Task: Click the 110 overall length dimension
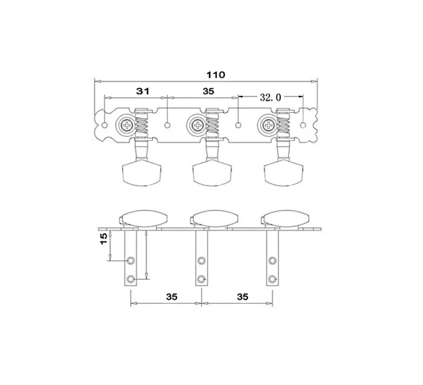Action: click(x=216, y=74)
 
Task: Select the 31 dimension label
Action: click(x=143, y=91)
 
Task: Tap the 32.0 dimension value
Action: click(x=270, y=97)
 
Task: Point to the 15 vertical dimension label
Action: click(x=104, y=239)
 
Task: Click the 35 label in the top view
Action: click(x=208, y=91)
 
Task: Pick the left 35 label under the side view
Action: click(x=172, y=297)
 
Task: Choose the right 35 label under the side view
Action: click(x=243, y=297)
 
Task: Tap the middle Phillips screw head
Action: click(x=197, y=125)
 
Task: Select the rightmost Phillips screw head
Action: click(x=268, y=125)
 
